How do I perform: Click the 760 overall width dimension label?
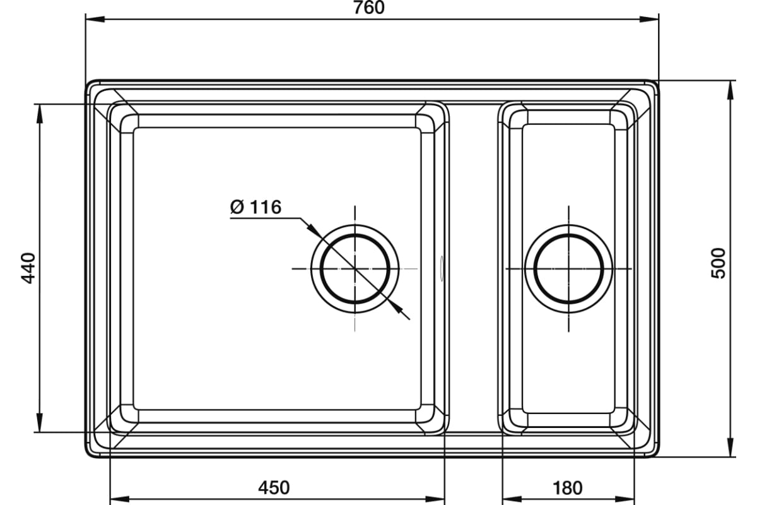[x=368, y=8]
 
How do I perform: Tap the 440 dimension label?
[x=28, y=268]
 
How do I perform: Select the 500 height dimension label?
[x=719, y=263]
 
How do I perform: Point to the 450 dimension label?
[x=274, y=488]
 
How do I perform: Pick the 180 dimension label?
[x=567, y=488]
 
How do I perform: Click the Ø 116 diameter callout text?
[x=255, y=207]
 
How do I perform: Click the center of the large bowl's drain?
[x=355, y=268]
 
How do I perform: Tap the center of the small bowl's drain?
[x=569, y=268]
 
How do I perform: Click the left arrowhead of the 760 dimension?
[x=95, y=19]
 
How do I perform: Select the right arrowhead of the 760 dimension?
[x=649, y=19]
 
